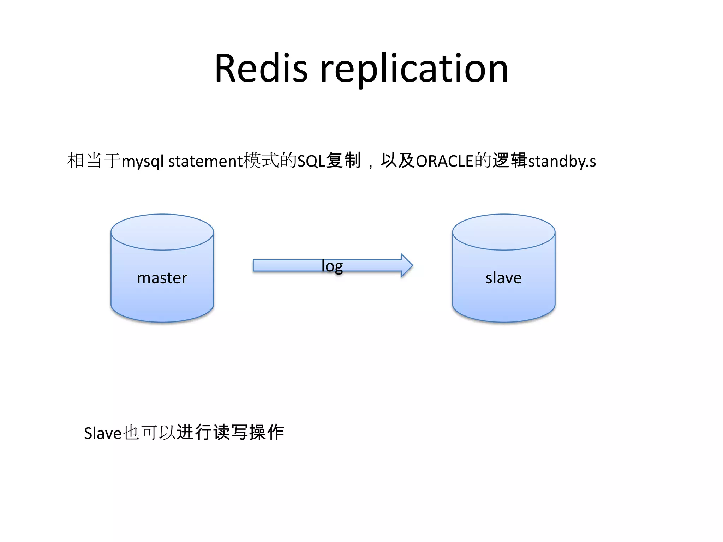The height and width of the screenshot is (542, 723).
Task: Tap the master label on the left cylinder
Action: click(x=162, y=278)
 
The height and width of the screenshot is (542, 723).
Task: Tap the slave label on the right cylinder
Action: click(x=503, y=278)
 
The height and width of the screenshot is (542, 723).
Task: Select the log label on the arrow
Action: click(x=332, y=266)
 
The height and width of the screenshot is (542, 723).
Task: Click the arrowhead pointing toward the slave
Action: click(x=406, y=265)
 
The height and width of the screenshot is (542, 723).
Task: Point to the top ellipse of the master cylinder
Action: click(x=162, y=232)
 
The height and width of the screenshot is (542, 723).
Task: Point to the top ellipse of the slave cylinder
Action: click(x=503, y=232)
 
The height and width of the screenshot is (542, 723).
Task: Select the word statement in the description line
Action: click(x=205, y=161)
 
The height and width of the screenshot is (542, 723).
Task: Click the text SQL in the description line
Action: click(x=311, y=161)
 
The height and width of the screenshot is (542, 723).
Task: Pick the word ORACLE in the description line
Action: click(x=444, y=161)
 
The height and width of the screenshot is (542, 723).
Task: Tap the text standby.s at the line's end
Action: click(x=562, y=161)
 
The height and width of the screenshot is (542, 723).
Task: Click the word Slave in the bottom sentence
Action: click(x=103, y=433)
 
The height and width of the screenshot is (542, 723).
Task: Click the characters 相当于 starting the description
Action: click(x=94, y=161)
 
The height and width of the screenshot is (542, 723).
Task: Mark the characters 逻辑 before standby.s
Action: click(x=510, y=161)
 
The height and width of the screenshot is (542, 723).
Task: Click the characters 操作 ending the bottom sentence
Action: click(x=267, y=432)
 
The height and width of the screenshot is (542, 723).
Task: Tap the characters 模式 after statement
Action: click(x=261, y=161)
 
